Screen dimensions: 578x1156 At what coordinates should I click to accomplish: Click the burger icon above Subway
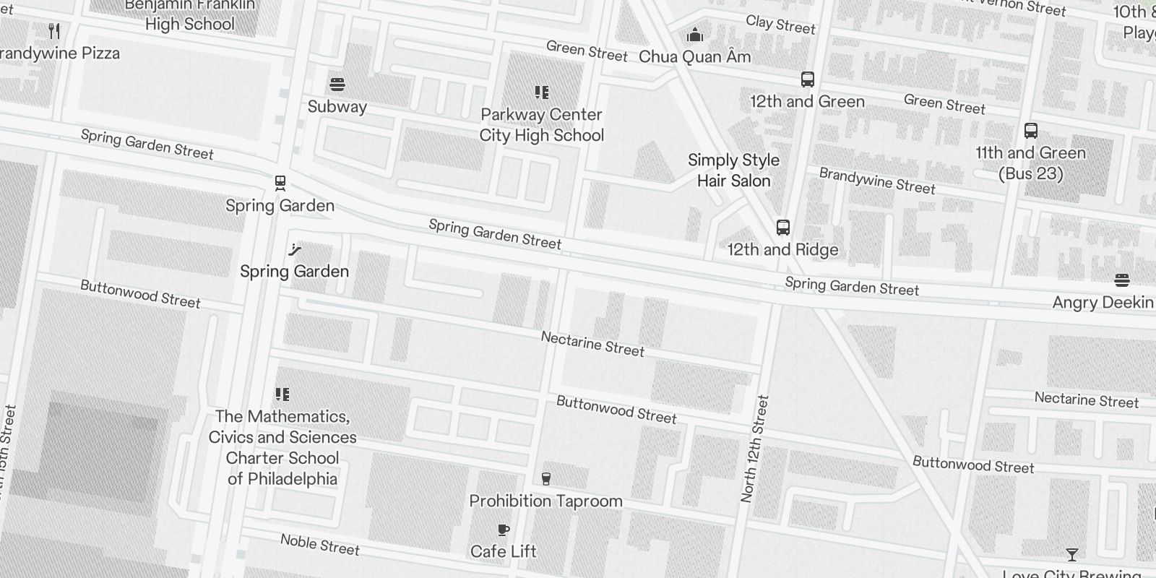click(x=337, y=85)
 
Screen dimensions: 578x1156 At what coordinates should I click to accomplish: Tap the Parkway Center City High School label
click(x=542, y=125)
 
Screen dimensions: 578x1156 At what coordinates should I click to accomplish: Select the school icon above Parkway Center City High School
click(x=542, y=92)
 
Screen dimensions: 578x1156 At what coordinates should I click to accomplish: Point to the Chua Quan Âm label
click(x=695, y=56)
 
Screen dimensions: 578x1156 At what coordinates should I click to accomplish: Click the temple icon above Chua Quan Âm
click(x=695, y=35)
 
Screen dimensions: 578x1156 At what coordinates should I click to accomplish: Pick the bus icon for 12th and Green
click(x=808, y=79)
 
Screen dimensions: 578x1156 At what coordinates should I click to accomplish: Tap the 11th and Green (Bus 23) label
click(x=1031, y=163)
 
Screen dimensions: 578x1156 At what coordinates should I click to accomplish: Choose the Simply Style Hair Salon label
click(x=733, y=171)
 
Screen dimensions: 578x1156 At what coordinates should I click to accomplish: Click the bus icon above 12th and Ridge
click(x=782, y=228)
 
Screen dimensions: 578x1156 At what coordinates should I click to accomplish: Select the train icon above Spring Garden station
click(x=280, y=184)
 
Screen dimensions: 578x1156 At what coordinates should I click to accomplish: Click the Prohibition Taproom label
click(x=545, y=501)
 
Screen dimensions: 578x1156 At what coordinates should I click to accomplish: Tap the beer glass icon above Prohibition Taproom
click(x=545, y=478)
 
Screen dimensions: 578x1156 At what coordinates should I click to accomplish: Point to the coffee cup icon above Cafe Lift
click(x=504, y=530)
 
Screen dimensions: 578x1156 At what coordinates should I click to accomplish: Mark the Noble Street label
click(x=320, y=545)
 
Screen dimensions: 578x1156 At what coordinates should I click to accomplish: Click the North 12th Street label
click(x=755, y=449)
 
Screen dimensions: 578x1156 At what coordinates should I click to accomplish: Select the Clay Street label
click(x=780, y=25)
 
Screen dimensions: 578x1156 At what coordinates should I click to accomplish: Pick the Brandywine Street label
click(x=877, y=181)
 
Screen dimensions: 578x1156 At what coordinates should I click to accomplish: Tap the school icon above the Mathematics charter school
click(x=282, y=394)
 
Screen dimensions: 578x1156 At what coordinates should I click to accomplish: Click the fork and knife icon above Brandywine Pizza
click(x=54, y=31)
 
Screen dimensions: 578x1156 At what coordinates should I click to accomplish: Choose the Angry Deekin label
click(x=1103, y=302)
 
